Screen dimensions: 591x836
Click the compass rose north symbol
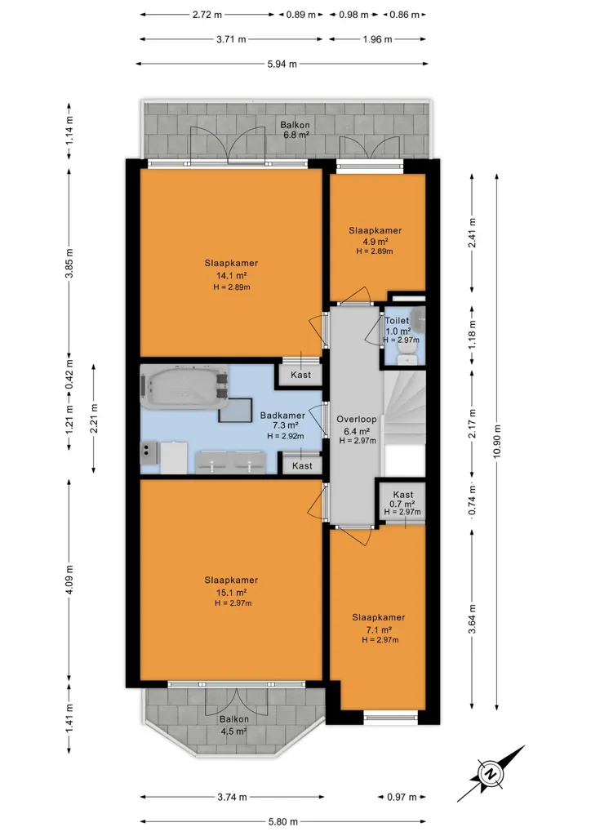488,774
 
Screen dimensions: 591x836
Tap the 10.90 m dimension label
496,442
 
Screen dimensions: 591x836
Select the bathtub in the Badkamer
185,386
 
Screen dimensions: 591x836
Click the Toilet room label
397,320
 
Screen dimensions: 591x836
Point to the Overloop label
357,419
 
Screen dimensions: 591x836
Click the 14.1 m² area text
231,276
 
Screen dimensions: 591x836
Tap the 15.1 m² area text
231,593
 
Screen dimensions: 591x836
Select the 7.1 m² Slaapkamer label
379,617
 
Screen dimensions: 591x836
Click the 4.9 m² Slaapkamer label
375,230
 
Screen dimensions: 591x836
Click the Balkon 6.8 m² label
295,130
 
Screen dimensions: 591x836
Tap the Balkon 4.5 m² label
234,725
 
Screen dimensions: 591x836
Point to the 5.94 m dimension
282,64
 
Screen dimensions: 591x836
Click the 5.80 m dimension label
282,821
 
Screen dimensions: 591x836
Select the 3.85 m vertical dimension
69,264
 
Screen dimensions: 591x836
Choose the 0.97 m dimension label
402,797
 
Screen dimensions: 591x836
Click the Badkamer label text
282,416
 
